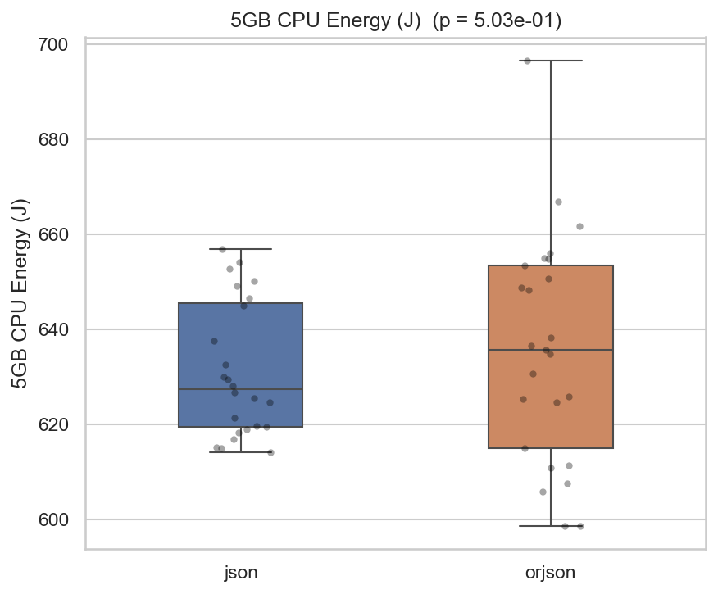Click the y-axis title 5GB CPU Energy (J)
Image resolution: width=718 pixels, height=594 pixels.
tap(20, 293)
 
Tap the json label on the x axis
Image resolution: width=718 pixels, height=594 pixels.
tap(241, 573)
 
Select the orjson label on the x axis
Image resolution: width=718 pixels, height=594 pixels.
tap(550, 573)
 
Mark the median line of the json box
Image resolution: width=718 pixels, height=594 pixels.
tap(241, 389)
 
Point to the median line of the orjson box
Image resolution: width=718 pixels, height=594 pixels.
tap(550, 350)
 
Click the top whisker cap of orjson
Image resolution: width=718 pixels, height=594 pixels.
tap(550, 61)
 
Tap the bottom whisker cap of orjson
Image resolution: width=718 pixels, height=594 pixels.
tap(550, 525)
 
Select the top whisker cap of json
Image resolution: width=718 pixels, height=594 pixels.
tap(241, 248)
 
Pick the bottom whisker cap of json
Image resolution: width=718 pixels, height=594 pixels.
tap(241, 451)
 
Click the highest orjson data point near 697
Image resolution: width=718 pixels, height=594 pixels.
tap(527, 61)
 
